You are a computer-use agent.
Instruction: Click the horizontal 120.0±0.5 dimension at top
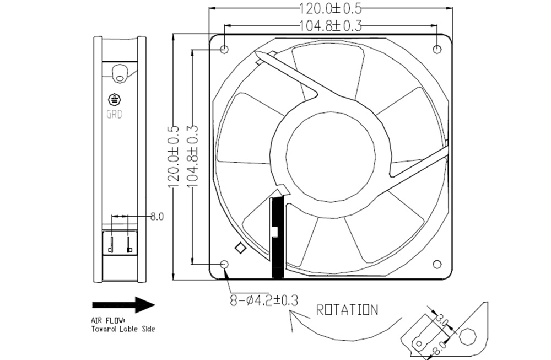point(329,9)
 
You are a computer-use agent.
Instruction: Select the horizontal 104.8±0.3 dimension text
point(330,25)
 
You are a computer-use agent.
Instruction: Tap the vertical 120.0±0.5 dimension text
point(175,157)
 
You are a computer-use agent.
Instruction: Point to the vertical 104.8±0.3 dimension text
point(193,157)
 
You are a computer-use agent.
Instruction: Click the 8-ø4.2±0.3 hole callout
point(264,300)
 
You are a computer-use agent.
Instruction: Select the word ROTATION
point(347,310)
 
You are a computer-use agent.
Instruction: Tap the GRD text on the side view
point(115,115)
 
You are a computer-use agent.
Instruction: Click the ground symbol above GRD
point(115,100)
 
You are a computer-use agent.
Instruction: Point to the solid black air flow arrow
point(123,304)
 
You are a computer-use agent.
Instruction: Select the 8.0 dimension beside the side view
point(158,217)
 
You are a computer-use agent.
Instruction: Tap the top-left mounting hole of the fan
point(224,50)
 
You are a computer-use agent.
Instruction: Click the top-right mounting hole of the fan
point(437,50)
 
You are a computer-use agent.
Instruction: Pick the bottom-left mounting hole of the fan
point(224,265)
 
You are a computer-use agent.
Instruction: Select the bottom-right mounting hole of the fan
point(437,265)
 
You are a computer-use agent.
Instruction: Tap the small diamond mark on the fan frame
point(240,248)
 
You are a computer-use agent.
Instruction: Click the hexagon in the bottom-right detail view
point(469,336)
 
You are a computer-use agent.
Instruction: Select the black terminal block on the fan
point(277,237)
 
